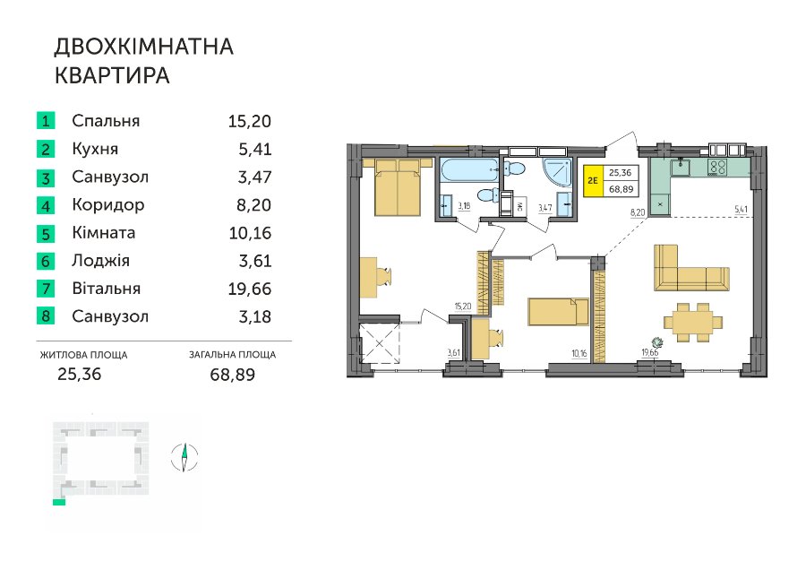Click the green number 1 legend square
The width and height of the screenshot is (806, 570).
tap(46, 121)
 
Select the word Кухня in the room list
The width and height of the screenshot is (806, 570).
tap(95, 149)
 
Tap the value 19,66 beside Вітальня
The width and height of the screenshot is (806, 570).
tap(250, 289)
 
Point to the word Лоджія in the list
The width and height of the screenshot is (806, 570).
tap(100, 261)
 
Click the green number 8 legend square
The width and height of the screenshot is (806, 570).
tap(46, 315)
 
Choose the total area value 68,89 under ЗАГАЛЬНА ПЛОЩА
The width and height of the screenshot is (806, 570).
tap(232, 375)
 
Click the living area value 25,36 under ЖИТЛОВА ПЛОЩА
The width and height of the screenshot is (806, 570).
tap(80, 374)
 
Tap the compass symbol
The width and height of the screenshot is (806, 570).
tap(184, 457)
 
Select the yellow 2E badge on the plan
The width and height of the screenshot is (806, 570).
tap(593, 180)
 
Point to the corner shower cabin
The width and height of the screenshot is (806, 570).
tap(558, 172)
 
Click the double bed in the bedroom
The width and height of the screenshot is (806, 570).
tap(398, 186)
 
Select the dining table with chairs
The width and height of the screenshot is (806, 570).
tap(693, 323)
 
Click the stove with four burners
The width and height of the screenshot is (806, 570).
tap(717, 168)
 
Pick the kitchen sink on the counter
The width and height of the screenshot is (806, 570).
tap(682, 166)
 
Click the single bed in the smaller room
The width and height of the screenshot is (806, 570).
tap(558, 312)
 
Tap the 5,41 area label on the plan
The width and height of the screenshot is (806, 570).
tap(742, 210)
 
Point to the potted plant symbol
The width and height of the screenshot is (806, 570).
tap(656, 342)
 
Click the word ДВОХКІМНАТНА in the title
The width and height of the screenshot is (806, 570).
tap(144, 47)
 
